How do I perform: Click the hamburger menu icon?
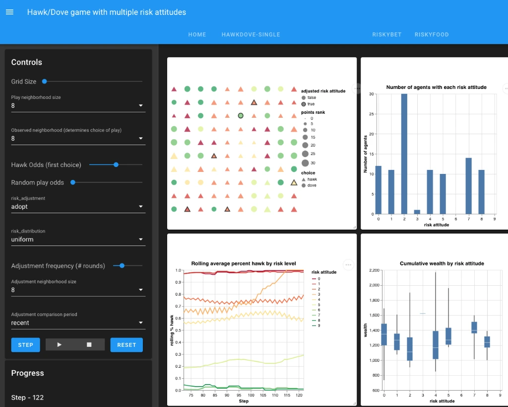pyautogui.click(x=9, y=12)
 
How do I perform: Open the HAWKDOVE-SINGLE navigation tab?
pyautogui.click(x=251, y=35)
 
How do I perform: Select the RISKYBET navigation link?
pyautogui.click(x=386, y=35)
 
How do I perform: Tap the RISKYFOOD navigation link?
pyautogui.click(x=432, y=35)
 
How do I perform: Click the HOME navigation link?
pyautogui.click(x=197, y=35)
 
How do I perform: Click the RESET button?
pyautogui.click(x=126, y=345)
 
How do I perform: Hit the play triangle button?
pyautogui.click(x=60, y=345)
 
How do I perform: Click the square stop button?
pyautogui.click(x=89, y=345)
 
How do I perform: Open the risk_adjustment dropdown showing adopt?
pyautogui.click(x=78, y=207)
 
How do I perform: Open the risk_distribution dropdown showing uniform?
pyautogui.click(x=78, y=240)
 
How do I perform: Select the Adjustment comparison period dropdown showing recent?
pyautogui.click(x=78, y=323)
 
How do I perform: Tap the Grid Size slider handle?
pyautogui.click(x=45, y=81)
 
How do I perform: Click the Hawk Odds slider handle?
pyautogui.click(x=116, y=164)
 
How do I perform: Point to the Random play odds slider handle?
pyautogui.click(x=73, y=182)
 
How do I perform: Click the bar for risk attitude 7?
pyautogui.click(x=468, y=186)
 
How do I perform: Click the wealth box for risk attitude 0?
pyautogui.click(x=384, y=334)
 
